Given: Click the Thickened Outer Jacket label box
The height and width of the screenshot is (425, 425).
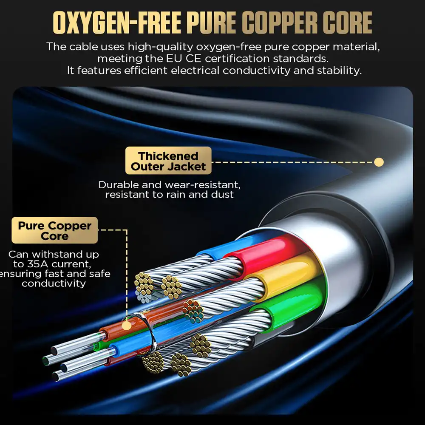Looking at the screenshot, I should coord(168,161).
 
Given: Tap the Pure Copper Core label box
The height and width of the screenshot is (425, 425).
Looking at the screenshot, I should coord(55,230).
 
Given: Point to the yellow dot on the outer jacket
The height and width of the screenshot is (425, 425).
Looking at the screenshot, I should coord(379,162).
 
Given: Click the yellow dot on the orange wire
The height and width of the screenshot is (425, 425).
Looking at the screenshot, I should coord(126,326).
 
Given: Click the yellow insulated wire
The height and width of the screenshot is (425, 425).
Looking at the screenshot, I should coord(289,272).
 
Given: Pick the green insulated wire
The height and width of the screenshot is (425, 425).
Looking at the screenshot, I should coord(293,300).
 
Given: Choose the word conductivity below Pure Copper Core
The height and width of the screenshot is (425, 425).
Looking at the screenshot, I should coord(54,283).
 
